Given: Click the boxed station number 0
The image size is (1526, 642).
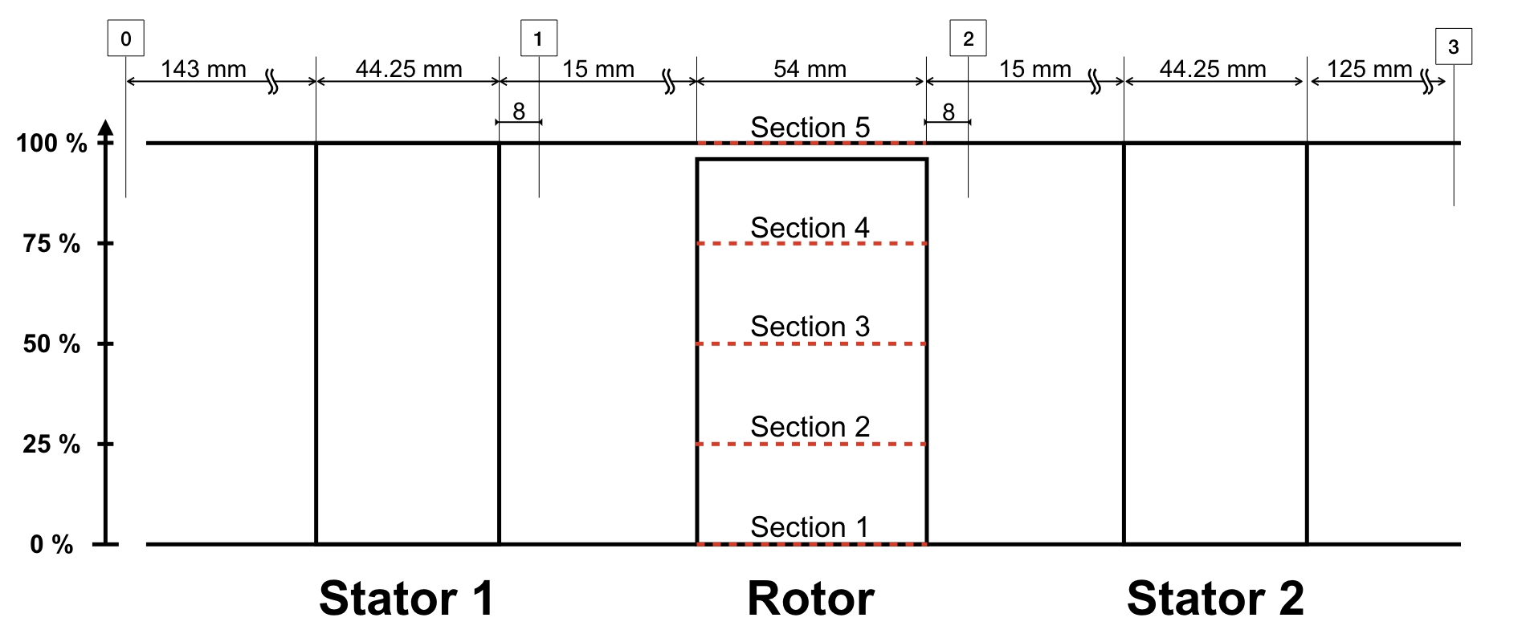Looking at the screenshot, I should click(x=125, y=39).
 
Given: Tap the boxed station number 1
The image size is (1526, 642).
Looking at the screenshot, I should click(x=538, y=39).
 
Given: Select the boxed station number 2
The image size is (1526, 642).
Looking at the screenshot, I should click(x=968, y=39).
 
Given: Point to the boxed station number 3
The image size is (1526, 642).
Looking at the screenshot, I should click(x=1453, y=47).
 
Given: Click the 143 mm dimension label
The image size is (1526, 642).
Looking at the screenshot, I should click(x=203, y=69).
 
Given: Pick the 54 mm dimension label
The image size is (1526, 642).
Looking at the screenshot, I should click(x=810, y=69).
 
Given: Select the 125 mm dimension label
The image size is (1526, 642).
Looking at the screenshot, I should click(x=1369, y=69).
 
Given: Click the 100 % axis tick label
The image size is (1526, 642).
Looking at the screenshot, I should click(x=51, y=144).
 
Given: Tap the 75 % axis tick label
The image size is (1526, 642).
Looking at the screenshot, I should click(x=51, y=243).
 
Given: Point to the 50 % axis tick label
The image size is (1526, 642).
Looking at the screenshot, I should click(x=51, y=343).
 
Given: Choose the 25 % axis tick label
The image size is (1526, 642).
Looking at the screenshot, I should click(x=51, y=444).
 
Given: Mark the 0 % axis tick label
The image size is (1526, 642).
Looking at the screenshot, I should click(x=51, y=544).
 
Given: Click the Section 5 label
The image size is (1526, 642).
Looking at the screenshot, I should click(x=810, y=127).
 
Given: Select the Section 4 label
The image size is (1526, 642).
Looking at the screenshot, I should click(x=810, y=227).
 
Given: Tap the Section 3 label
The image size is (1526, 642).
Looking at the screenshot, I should click(x=810, y=327).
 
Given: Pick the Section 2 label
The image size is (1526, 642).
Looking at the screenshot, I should click(x=810, y=427).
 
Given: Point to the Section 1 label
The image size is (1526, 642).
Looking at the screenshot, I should click(x=810, y=527).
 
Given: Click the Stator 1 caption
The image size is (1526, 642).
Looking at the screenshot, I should click(x=406, y=599).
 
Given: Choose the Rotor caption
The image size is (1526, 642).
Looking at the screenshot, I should click(x=810, y=599).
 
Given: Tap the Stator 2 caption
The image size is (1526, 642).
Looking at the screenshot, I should click(x=1215, y=599).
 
